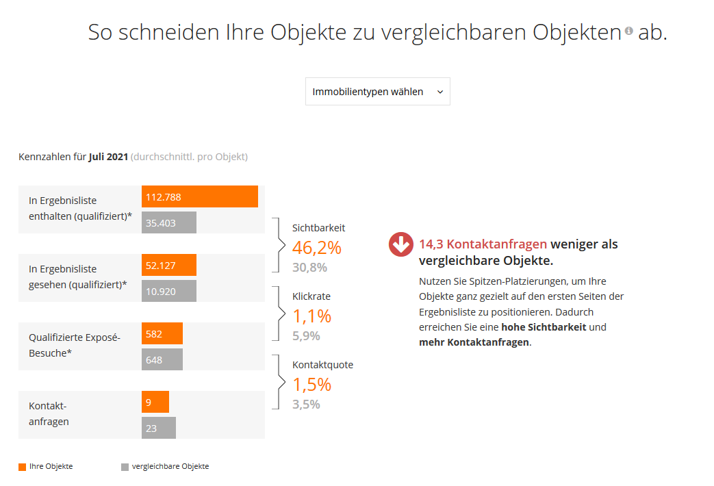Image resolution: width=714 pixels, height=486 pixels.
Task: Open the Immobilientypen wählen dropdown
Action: (x=377, y=92)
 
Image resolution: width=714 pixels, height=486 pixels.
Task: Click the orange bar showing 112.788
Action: (x=199, y=196)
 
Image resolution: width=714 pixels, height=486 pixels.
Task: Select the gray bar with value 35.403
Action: (x=168, y=222)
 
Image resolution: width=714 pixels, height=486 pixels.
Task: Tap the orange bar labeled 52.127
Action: (x=168, y=265)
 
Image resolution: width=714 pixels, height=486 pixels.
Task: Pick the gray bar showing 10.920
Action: (x=168, y=291)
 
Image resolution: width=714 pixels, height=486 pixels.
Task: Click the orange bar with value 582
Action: (x=162, y=333)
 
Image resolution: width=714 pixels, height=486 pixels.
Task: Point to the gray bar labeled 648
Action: (x=162, y=359)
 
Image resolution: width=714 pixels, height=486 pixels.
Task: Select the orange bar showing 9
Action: (x=155, y=402)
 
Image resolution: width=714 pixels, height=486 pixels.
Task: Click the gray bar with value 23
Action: (x=158, y=428)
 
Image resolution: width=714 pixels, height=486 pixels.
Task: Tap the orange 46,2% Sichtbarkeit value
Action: (x=316, y=248)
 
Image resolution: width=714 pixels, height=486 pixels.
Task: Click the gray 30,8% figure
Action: (x=309, y=268)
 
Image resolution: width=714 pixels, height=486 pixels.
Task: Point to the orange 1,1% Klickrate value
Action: (x=311, y=316)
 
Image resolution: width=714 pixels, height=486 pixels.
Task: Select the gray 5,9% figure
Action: (x=306, y=336)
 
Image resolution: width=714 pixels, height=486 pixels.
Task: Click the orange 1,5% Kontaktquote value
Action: (x=311, y=385)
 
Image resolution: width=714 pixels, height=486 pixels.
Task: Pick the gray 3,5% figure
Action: (x=306, y=405)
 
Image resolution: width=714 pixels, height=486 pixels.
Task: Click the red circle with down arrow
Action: (x=401, y=244)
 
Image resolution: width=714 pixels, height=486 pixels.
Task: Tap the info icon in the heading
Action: (x=629, y=31)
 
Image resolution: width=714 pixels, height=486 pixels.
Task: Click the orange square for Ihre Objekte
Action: (x=22, y=467)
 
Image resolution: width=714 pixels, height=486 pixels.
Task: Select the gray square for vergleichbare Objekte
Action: (x=125, y=467)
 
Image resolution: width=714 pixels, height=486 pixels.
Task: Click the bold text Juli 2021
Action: (x=108, y=157)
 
